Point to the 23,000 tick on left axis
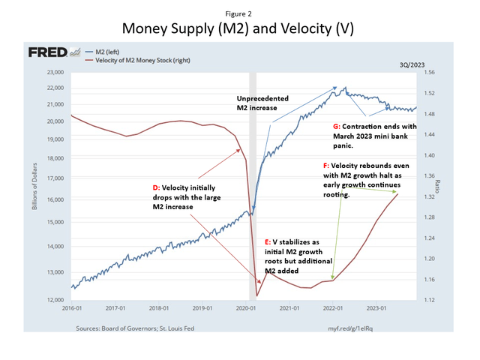pyautogui.click(x=52, y=73)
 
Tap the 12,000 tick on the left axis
pyautogui.click(x=52, y=299)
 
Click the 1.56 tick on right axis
pyautogui.click(x=430, y=73)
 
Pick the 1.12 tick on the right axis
pyautogui.click(x=430, y=299)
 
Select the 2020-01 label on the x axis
pyautogui.click(x=247, y=308)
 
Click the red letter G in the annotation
pyautogui.click(x=334, y=127)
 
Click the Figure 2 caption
pyautogui.click(x=239, y=13)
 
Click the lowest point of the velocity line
pyautogui.click(x=256, y=295)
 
